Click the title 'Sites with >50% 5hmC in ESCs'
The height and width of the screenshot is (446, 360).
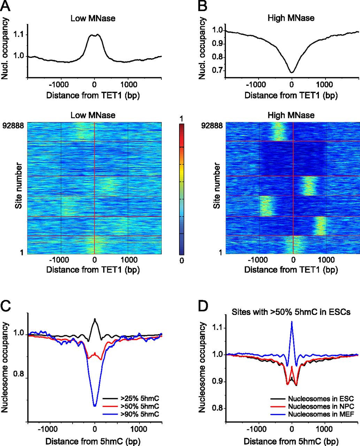click(x=291, y=312)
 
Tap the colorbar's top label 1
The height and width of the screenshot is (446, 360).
click(x=181, y=119)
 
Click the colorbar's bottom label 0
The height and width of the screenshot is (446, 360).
click(x=181, y=261)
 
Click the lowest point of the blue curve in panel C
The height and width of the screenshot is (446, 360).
click(x=95, y=406)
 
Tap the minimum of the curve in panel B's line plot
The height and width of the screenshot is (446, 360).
click(x=292, y=72)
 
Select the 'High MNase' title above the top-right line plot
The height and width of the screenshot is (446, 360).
click(x=291, y=18)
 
